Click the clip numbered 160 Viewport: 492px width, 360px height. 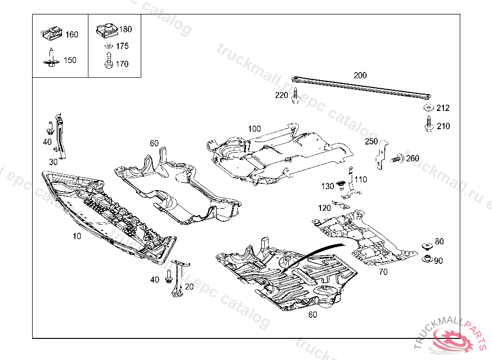click(x=51, y=34)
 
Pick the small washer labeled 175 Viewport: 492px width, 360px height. click(x=109, y=47)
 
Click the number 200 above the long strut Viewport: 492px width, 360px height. click(x=360, y=75)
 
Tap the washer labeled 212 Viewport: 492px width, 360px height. click(x=427, y=108)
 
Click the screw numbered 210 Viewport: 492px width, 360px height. click(x=428, y=124)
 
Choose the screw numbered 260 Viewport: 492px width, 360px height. click(x=397, y=158)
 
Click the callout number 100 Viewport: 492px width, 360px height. click(x=254, y=129)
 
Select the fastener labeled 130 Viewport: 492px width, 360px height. click(x=342, y=185)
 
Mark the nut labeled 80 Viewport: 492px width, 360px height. click(x=426, y=246)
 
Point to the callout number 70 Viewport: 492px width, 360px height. click(x=383, y=272)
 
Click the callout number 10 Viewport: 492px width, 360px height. click(x=77, y=236)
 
